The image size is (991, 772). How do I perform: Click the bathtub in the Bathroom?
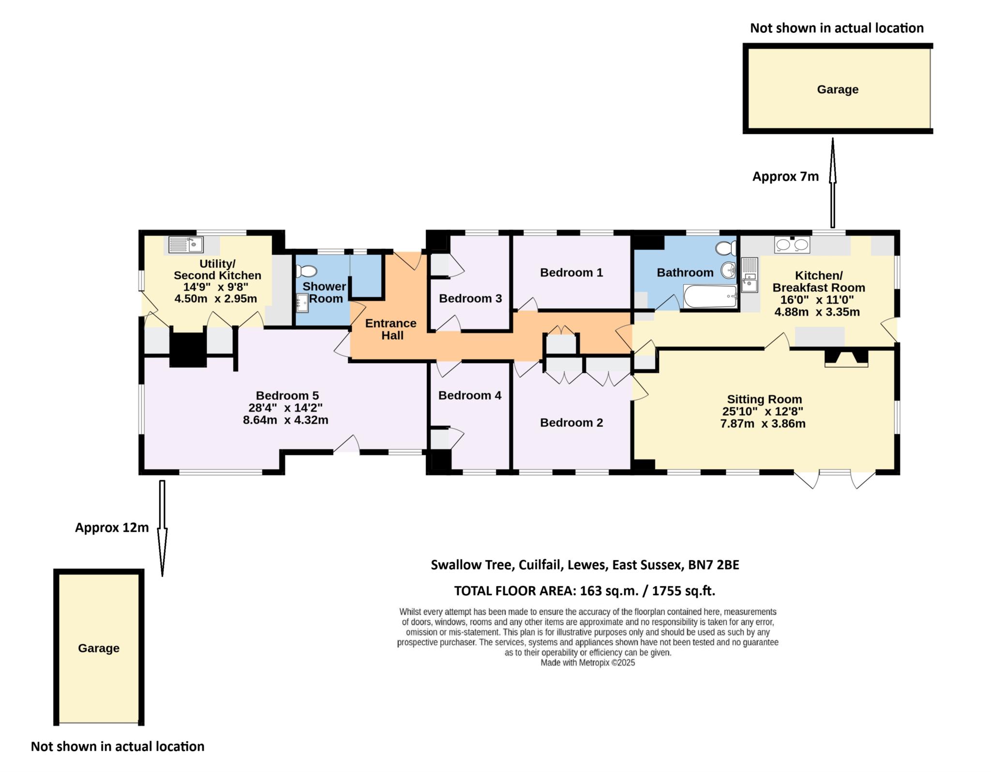(x=710, y=296)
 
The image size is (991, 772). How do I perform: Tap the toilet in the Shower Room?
(x=306, y=271)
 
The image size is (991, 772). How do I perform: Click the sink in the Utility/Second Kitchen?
(x=186, y=244)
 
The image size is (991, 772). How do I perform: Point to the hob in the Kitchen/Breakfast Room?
(x=792, y=245)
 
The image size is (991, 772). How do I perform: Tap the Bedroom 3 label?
(x=470, y=298)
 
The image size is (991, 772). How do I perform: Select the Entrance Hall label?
(x=390, y=329)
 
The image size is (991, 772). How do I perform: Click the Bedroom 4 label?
(x=469, y=395)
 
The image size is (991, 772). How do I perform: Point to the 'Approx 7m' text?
(x=785, y=177)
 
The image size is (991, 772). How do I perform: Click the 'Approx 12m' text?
(x=112, y=528)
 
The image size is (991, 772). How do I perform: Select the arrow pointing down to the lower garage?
(x=162, y=528)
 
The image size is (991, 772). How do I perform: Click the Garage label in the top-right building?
(x=838, y=90)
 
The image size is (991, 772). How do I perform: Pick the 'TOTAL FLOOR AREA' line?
(x=585, y=590)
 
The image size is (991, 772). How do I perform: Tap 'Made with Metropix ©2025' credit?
(x=587, y=663)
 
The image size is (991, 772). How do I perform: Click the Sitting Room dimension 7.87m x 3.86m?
(x=763, y=424)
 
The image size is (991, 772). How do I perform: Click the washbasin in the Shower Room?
(x=302, y=303)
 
